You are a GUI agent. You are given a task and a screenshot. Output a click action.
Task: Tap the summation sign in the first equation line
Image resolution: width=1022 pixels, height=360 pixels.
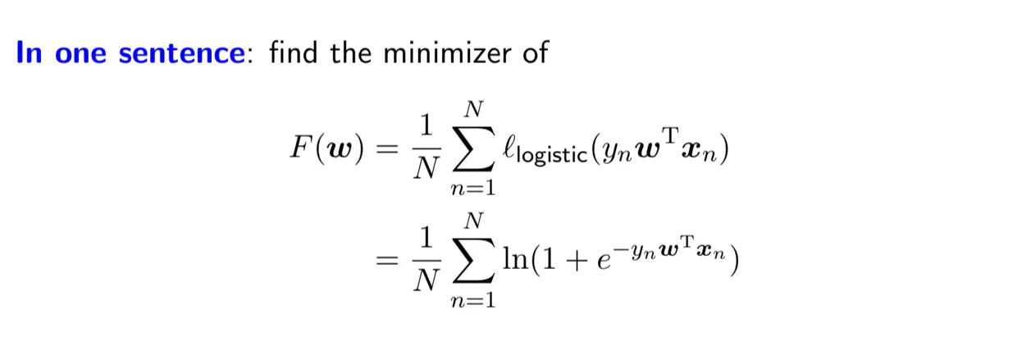[473, 148]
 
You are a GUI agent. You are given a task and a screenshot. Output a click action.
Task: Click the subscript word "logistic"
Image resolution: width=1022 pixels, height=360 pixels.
[558, 156]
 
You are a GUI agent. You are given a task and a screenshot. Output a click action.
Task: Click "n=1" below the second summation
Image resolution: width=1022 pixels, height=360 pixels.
[473, 301]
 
